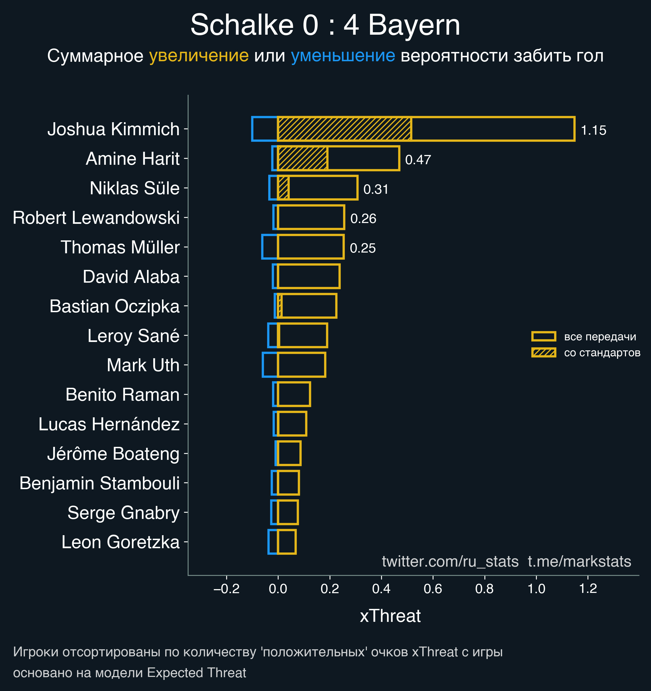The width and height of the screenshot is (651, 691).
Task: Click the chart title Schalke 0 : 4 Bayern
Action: pos(325,25)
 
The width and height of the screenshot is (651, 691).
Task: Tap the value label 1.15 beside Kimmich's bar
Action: pos(593,130)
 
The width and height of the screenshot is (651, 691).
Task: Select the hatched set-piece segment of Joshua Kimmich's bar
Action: pos(344,129)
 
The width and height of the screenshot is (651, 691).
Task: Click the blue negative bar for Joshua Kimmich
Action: pos(264,129)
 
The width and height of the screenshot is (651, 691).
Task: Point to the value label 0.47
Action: pos(418,160)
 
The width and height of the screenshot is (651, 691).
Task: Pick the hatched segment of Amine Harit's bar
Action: pos(302,159)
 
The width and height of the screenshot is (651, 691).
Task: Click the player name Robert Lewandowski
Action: pos(96,218)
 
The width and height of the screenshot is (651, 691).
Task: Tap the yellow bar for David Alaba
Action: pos(309,276)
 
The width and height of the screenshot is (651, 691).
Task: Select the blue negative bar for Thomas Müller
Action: pos(269,247)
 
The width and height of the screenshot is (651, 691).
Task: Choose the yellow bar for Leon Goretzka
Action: pos(287,541)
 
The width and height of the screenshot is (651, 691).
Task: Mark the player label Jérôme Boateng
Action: pos(113,454)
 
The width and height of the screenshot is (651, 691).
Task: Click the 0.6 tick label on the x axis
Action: pos(433,589)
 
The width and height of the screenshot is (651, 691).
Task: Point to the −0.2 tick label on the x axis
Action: pos(226,589)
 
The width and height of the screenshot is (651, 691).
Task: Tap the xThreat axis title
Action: pos(390,616)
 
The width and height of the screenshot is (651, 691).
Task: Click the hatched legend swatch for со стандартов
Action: pos(544,353)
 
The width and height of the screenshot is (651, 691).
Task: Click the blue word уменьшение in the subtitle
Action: pos(343,56)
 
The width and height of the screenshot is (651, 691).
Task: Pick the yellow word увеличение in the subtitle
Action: pos(199,56)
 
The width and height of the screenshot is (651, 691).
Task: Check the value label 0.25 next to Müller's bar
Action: pos(363,248)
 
